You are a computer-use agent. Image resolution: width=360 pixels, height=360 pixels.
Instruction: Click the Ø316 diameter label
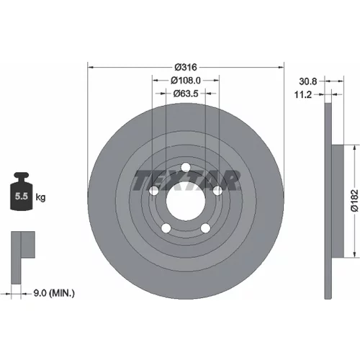186,67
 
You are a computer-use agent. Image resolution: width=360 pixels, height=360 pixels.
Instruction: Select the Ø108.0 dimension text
186,81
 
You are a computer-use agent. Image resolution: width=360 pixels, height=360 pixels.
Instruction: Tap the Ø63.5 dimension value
186,94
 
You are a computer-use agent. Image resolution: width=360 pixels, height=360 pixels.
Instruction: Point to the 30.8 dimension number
308,81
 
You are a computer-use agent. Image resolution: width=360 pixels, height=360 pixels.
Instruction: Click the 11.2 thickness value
303,95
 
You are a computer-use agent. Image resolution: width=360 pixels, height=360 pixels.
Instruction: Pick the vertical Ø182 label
354,201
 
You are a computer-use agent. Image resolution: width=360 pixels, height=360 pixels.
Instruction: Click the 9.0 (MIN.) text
54,293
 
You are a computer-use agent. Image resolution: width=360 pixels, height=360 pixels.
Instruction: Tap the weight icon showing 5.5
21,192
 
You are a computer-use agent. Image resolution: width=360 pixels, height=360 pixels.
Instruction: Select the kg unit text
40,198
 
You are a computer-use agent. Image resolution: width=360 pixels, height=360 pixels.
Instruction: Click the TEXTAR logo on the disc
186,180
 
